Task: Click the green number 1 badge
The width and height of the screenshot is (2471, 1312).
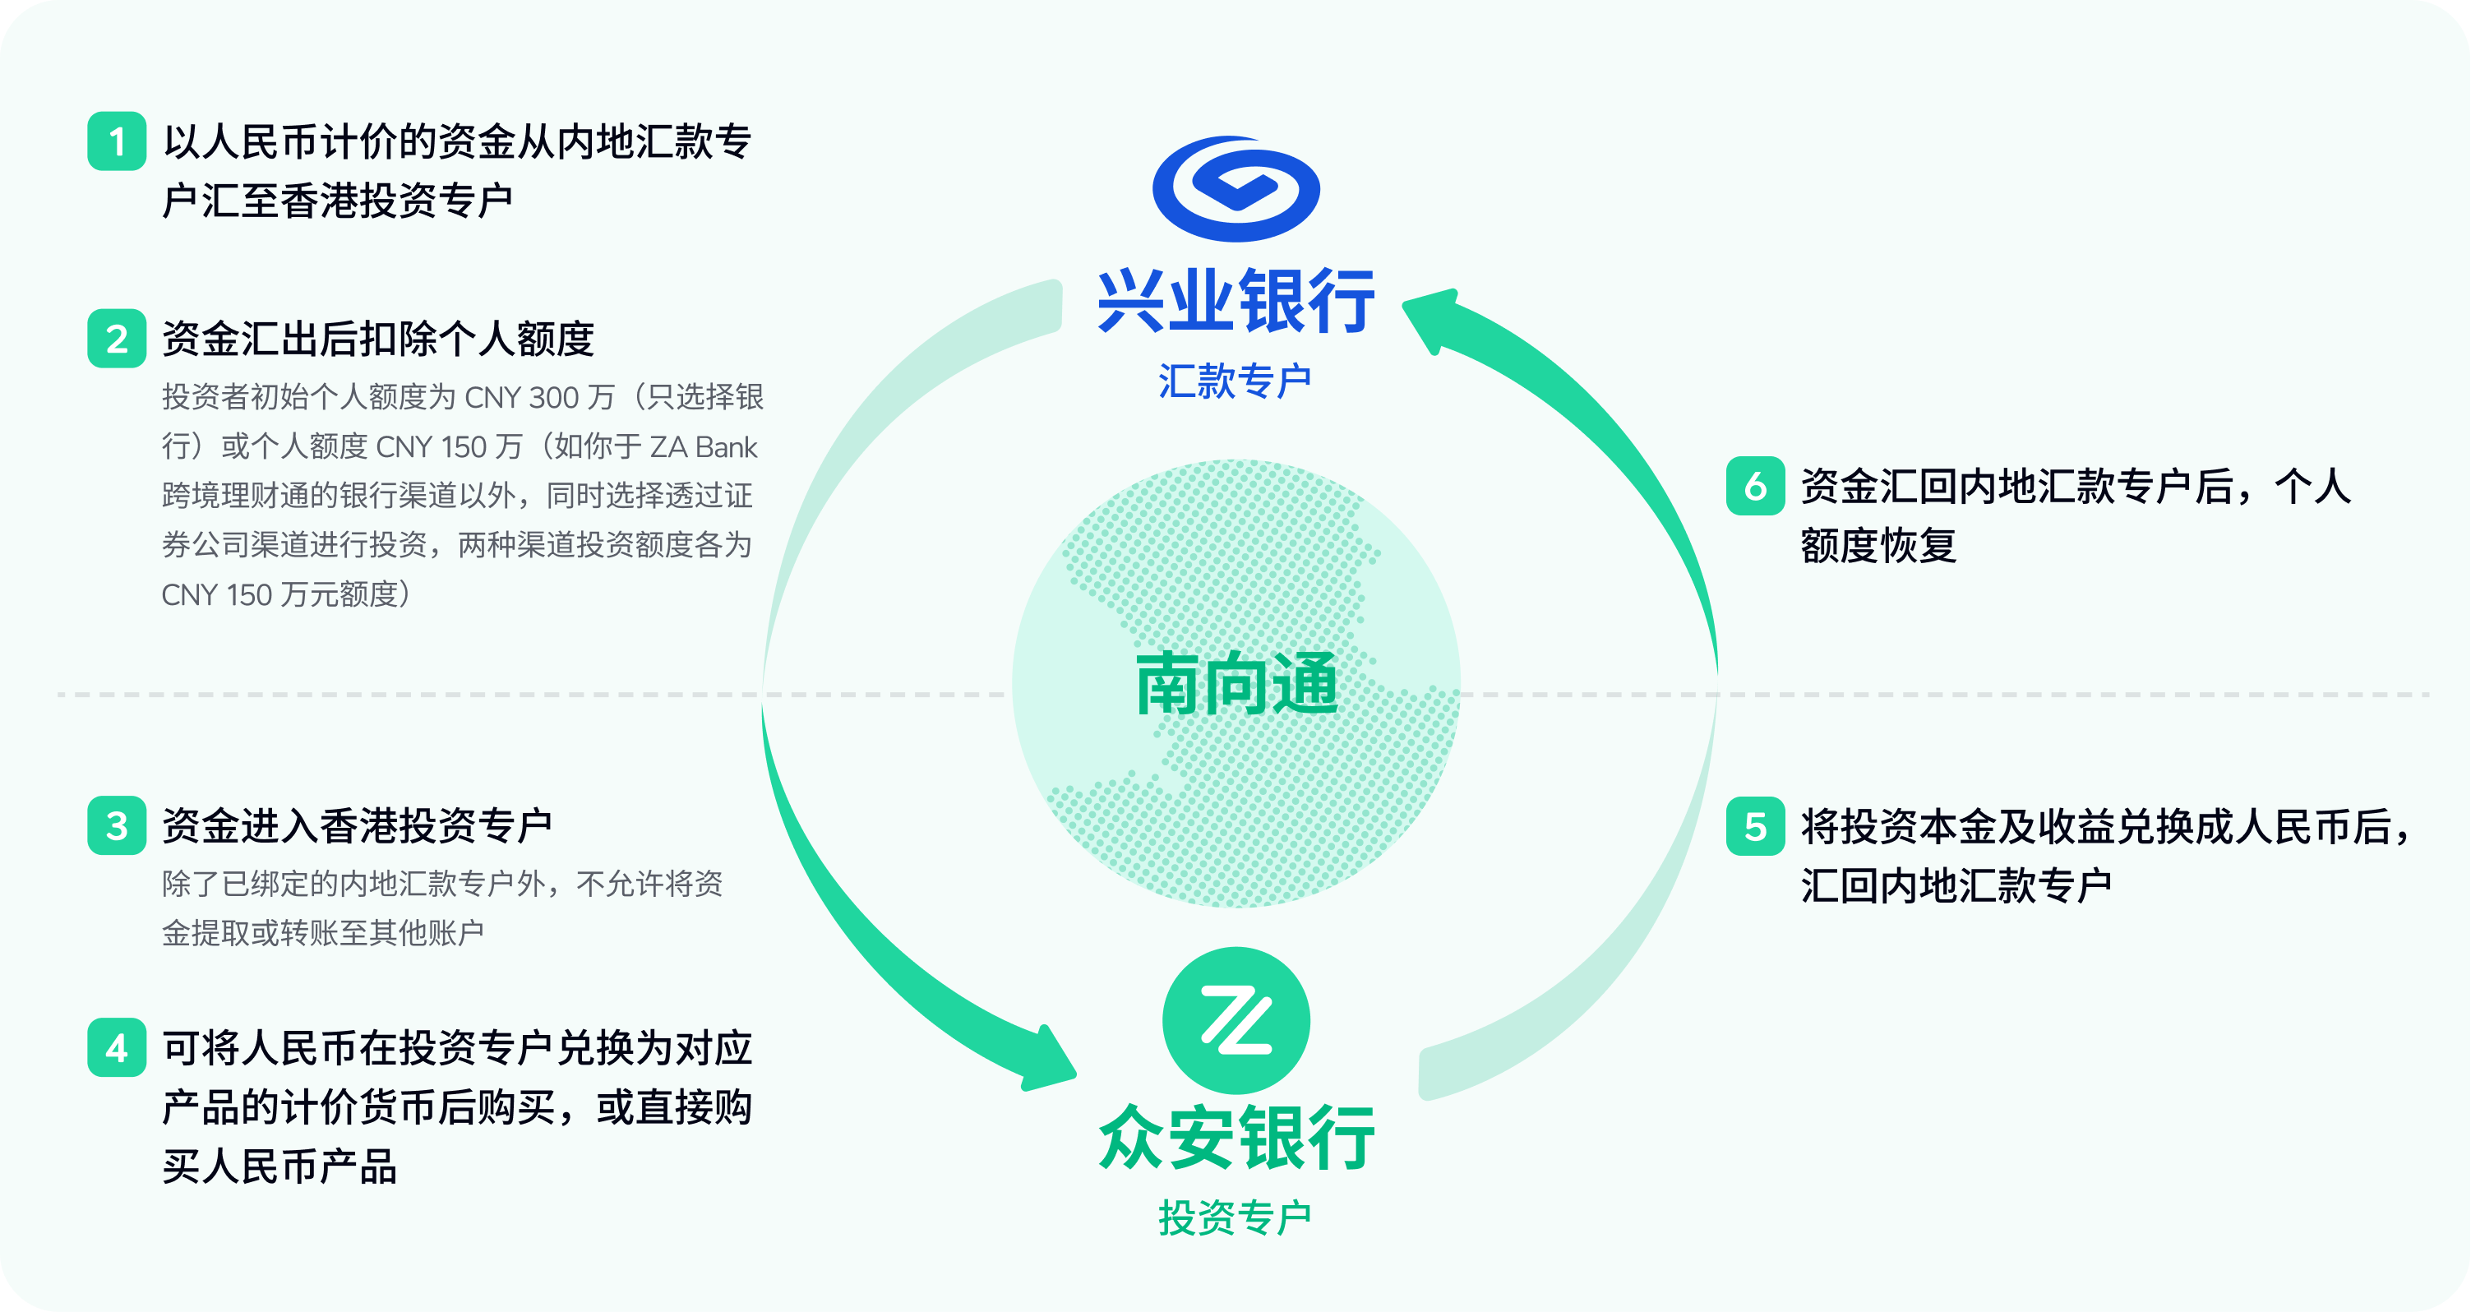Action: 116,141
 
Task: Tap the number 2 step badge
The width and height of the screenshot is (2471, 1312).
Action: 116,339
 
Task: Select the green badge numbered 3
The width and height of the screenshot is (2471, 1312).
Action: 116,825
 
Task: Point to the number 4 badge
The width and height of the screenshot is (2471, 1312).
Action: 116,1047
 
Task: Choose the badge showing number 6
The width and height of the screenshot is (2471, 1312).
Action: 1755,487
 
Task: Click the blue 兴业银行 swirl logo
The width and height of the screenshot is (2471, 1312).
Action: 1235,188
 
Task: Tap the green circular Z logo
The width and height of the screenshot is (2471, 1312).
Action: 1235,1020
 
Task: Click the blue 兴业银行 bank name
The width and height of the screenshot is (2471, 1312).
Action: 1235,301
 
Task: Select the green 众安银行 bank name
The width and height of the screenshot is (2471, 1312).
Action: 1235,1138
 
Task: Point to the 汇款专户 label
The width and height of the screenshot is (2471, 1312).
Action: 1235,381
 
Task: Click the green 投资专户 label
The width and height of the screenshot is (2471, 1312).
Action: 1235,1218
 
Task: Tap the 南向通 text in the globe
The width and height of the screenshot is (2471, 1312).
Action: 1235,684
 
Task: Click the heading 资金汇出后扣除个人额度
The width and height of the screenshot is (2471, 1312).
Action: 378,339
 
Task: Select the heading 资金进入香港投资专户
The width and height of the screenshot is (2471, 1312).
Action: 357,825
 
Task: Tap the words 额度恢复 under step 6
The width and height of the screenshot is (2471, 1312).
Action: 1878,546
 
